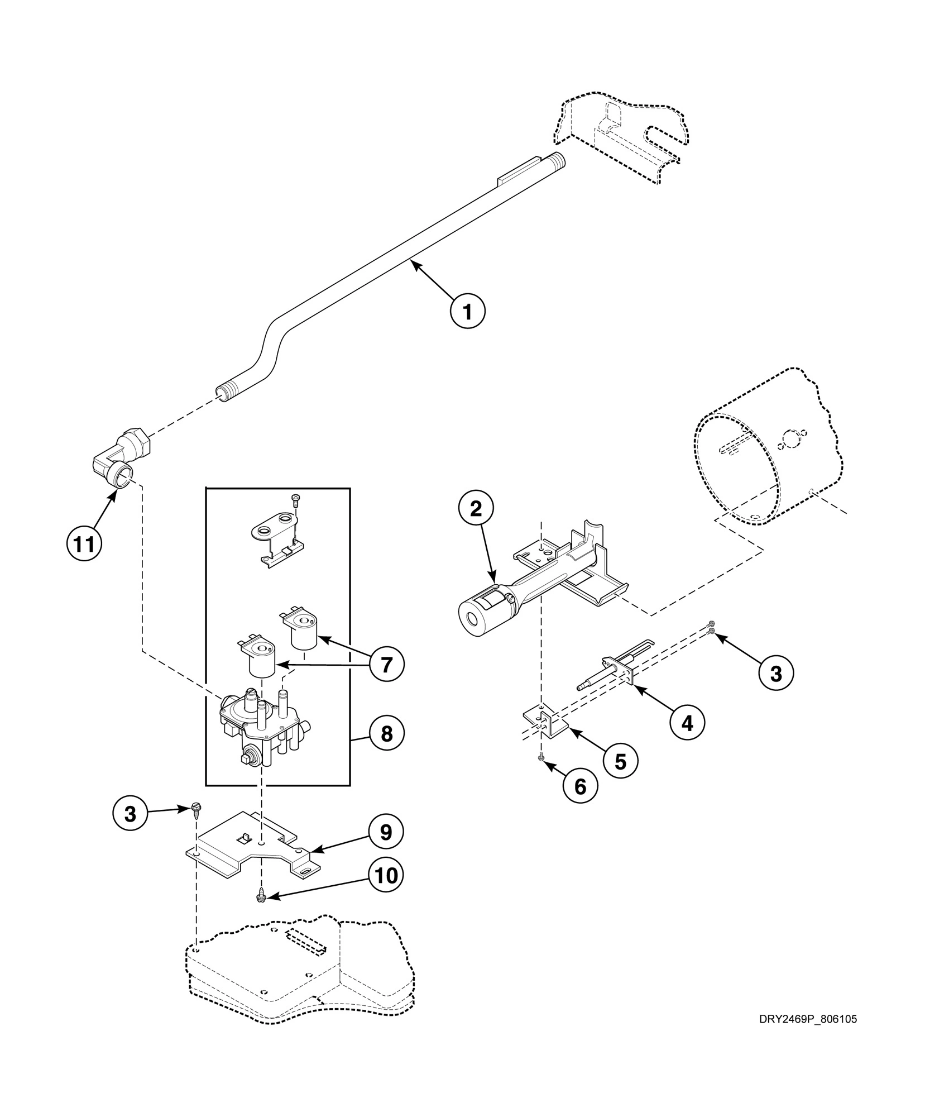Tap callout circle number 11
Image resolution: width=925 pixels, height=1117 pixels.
[x=84, y=543]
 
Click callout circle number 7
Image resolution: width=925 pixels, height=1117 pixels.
[x=386, y=665]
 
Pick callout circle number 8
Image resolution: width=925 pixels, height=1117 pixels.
[x=386, y=734]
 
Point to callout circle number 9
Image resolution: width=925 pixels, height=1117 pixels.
[x=386, y=833]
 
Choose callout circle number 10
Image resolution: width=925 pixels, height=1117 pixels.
[x=386, y=875]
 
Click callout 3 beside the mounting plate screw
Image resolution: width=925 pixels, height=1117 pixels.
[x=130, y=814]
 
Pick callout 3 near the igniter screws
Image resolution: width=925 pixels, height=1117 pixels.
[x=776, y=674]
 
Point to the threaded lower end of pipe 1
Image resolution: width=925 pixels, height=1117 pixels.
[x=228, y=392]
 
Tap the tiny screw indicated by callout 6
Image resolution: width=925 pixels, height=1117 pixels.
[x=540, y=757]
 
